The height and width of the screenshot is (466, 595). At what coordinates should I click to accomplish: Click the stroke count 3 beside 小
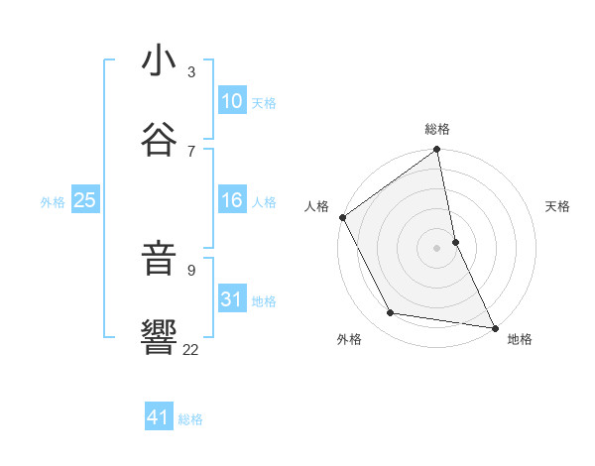coord(191,71)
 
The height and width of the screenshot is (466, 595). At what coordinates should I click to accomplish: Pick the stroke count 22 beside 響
coord(191,348)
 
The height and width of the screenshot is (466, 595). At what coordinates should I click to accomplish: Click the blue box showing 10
coord(232,102)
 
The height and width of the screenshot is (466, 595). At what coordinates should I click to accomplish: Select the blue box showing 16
coord(232,201)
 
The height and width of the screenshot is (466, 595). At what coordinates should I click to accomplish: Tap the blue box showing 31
coord(232,299)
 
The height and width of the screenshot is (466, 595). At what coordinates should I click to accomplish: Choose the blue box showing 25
coord(85,201)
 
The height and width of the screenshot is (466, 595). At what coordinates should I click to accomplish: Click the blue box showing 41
coord(159,418)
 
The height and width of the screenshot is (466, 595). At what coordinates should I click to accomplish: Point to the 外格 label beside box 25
coord(53,202)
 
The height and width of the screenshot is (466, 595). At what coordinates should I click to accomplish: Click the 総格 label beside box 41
coord(190,419)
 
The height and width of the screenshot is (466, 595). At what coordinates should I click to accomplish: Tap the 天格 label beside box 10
coord(264,103)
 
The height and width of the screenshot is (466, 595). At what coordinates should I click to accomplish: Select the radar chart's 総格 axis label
coord(437,129)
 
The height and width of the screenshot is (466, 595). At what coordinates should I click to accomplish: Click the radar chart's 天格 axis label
coord(558,206)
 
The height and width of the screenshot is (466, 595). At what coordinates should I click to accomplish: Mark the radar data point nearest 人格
coord(342,217)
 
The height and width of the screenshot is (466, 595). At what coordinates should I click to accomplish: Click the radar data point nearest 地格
coord(494,327)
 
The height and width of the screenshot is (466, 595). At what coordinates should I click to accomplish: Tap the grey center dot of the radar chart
coord(437,248)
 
